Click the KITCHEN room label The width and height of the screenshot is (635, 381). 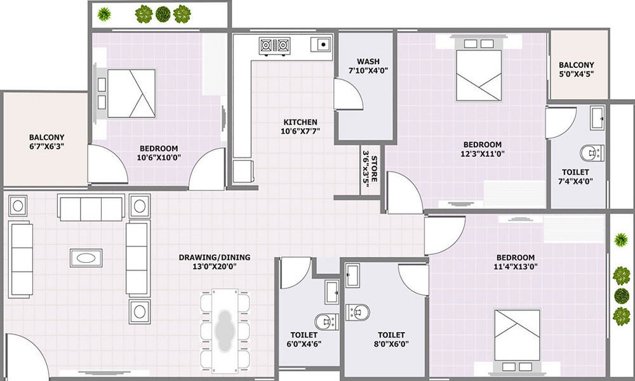point(300,122)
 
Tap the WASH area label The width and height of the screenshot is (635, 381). point(368,62)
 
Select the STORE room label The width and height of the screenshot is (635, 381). point(375,170)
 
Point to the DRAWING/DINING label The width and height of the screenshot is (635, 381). point(214,257)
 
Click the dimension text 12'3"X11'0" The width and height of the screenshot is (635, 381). point(482,154)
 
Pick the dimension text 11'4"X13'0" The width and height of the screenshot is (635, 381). point(515,267)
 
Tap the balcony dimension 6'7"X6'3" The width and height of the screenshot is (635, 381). point(46,146)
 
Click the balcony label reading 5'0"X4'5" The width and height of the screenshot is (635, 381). point(576,74)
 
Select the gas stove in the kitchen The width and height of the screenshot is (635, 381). point(274,45)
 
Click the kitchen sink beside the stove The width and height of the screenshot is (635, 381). point(321,45)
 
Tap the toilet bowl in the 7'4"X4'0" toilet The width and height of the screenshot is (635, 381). point(590,152)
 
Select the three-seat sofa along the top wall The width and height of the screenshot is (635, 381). point(91,206)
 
